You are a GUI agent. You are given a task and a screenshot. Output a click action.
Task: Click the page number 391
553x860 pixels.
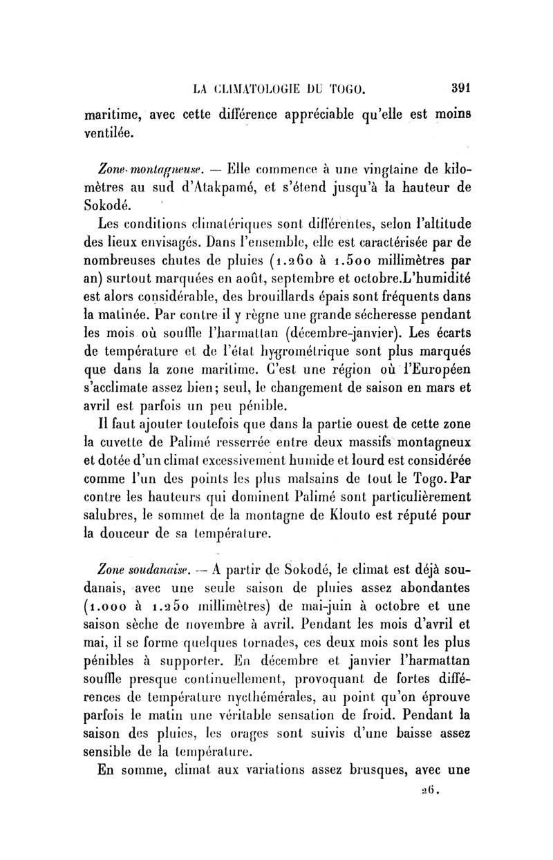click(457, 88)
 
